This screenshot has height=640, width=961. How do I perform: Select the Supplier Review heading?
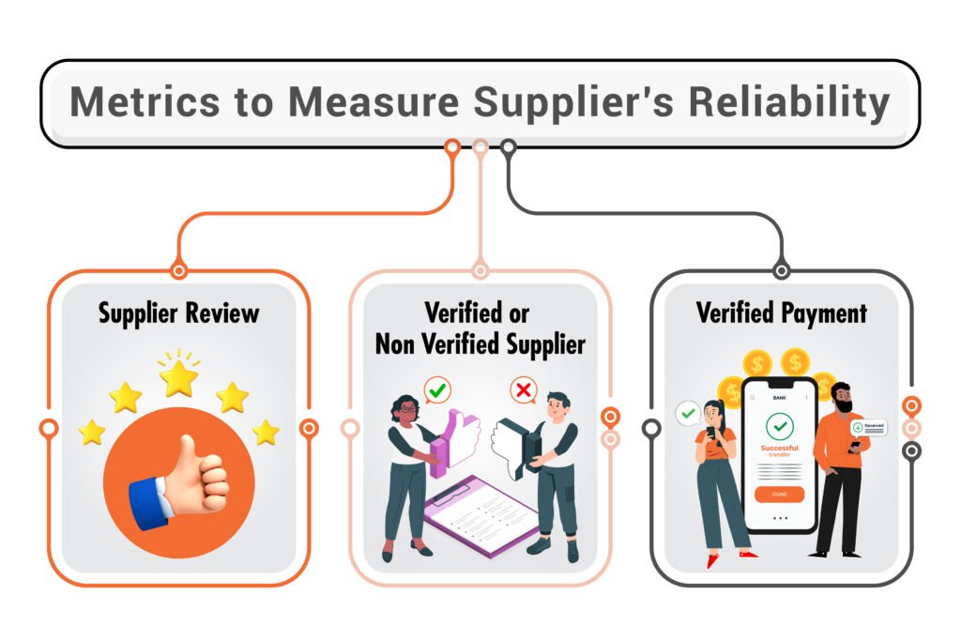tap(178, 312)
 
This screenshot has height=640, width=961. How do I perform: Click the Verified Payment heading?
tap(781, 312)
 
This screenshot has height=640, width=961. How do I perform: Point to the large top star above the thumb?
tap(178, 377)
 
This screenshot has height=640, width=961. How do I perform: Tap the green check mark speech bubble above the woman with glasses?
tap(436, 389)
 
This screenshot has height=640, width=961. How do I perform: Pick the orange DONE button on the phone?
tap(779, 494)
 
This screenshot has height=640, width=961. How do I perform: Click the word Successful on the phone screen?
tap(779, 449)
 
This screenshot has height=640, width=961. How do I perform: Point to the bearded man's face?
tap(841, 398)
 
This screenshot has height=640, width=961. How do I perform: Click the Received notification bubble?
tap(869, 427)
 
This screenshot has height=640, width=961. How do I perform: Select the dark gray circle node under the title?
tap(508, 146)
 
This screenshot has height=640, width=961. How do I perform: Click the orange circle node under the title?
tap(452, 146)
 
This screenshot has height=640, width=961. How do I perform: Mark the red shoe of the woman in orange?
tap(715, 560)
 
